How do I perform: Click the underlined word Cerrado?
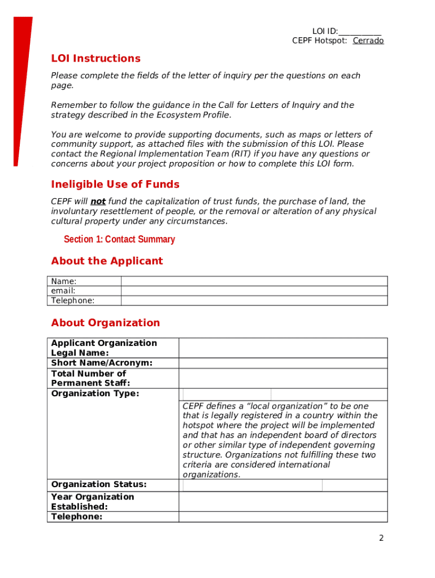click(368, 41)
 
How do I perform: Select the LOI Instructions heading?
click(95, 59)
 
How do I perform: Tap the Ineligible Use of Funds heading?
click(115, 185)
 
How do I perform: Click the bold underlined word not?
click(98, 202)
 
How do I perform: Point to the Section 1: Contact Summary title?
click(119, 239)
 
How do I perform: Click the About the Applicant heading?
click(107, 261)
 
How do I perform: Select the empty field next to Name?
click(254, 281)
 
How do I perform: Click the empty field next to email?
click(254, 291)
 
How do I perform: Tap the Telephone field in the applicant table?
click(254, 301)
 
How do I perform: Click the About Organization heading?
click(106, 323)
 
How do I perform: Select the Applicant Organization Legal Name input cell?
click(283, 348)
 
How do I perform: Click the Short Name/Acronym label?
click(102, 363)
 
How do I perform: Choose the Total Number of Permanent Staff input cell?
click(283, 378)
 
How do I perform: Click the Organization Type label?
click(95, 393)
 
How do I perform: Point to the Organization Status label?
click(99, 484)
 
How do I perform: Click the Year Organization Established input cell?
click(283, 501)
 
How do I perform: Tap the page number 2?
click(381, 538)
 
